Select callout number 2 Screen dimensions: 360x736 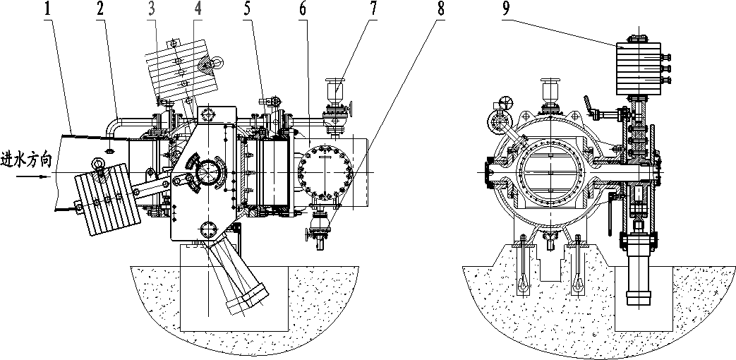pos(101,9)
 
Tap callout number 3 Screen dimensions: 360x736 pos(152,9)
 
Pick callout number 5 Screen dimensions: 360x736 pos(248,9)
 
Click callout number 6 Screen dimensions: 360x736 pos(301,9)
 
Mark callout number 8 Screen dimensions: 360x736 pos(440,9)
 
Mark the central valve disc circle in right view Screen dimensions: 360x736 pos(550,173)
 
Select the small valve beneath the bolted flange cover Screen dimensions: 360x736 pos(320,230)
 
